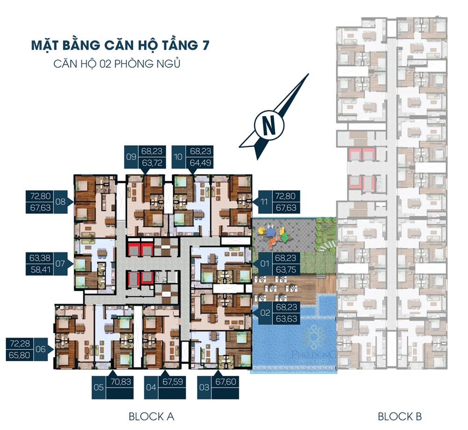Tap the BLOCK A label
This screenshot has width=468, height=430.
click(x=151, y=416)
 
